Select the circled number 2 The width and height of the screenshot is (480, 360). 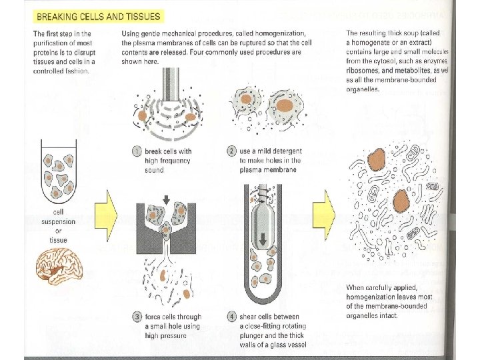click(231, 151)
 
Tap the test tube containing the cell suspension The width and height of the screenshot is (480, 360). click(62, 170)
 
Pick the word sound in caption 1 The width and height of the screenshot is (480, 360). click(155, 170)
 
